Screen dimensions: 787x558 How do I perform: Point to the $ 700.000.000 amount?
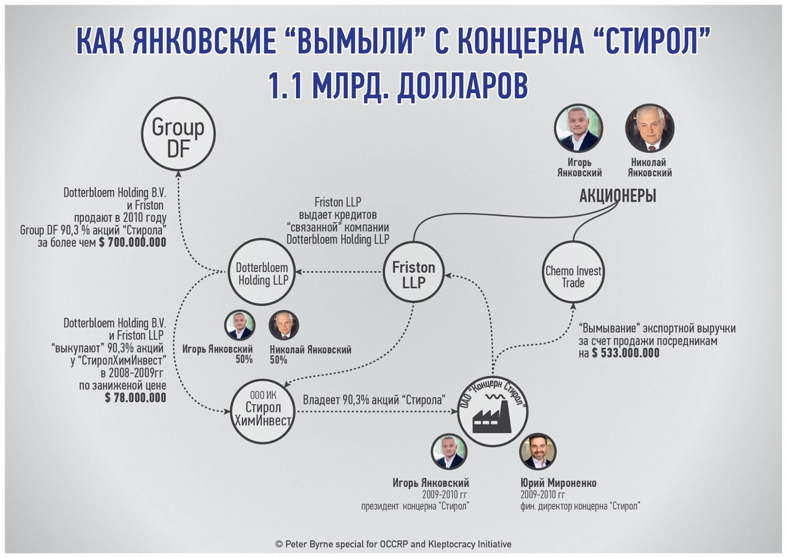coord(133,242)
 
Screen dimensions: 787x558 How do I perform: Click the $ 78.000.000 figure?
coord(135,398)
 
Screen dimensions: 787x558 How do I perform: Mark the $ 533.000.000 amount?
coord(626,353)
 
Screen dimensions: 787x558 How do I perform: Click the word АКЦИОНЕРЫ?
coord(618,196)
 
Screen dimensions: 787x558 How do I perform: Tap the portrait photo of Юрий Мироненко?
coord(538,452)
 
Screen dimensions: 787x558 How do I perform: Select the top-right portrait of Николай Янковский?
coord(650,128)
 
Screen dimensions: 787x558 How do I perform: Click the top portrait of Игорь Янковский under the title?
coord(578,128)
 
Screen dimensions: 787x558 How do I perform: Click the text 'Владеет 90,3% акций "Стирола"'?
coord(374,400)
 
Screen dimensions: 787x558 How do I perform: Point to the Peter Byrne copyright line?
coord(393,544)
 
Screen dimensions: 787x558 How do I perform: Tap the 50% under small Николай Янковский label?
coord(278,360)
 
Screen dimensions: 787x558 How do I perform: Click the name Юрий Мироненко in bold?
coord(558,483)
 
